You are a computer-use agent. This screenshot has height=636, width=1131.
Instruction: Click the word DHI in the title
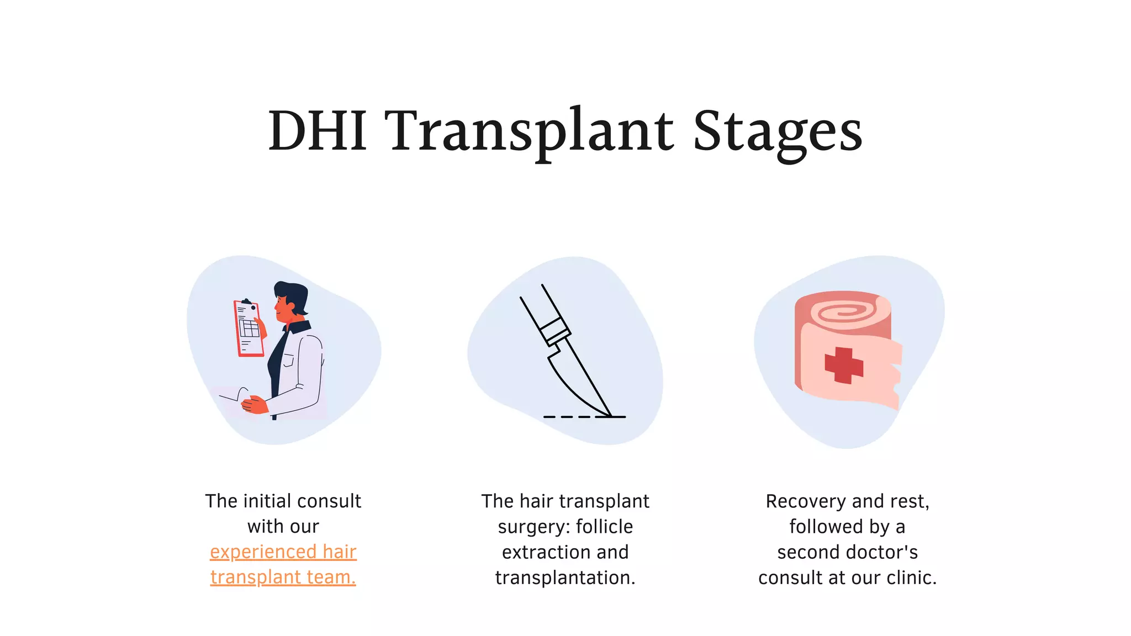point(318,131)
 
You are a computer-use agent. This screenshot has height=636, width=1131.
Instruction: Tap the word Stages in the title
point(777,131)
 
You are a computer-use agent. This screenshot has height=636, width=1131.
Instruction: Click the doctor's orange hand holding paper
point(255,405)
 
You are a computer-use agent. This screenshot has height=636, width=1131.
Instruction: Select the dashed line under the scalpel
point(574,417)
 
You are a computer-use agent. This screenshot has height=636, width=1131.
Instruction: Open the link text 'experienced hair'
point(283,552)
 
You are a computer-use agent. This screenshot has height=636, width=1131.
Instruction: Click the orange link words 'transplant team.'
point(283,577)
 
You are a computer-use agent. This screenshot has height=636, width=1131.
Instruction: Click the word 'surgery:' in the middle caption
point(533,527)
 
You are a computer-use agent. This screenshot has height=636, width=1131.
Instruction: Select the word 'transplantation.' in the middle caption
point(565,577)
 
